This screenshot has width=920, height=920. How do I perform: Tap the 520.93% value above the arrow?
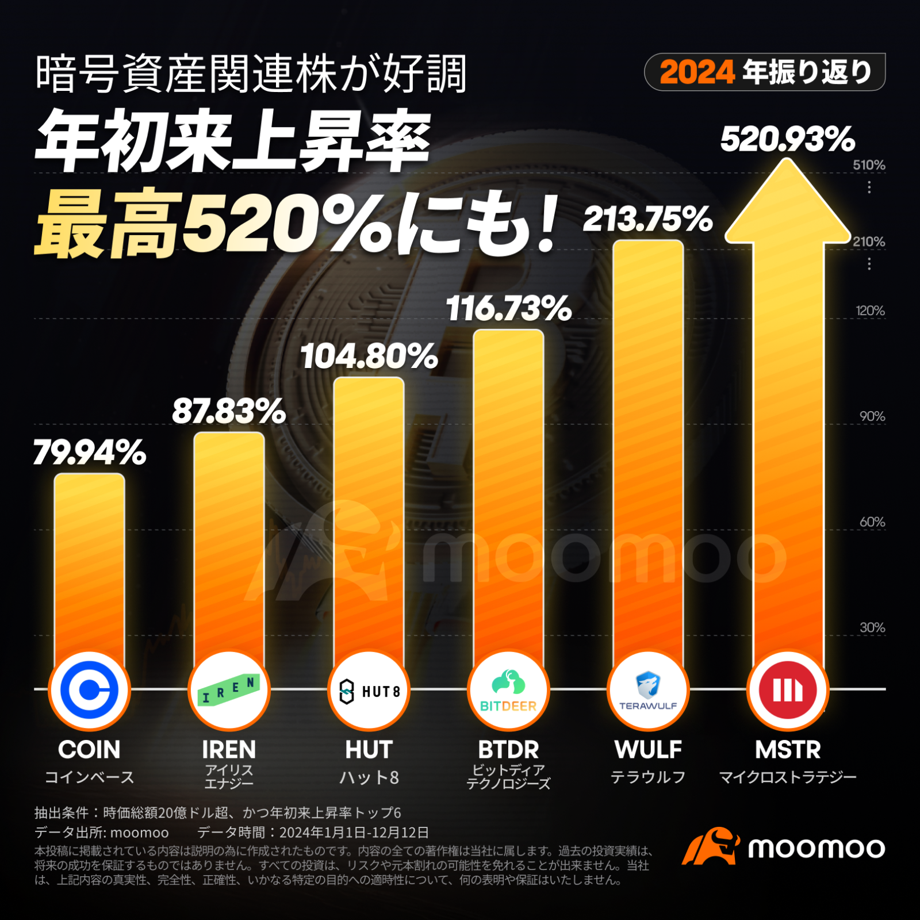click(788, 140)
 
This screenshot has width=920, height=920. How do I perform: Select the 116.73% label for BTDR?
click(509, 309)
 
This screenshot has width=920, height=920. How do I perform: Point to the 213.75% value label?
click(648, 220)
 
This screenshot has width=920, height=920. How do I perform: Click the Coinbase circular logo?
click(90, 690)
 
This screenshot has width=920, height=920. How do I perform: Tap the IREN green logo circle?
click(229, 690)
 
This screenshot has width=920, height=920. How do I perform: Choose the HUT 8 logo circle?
click(369, 690)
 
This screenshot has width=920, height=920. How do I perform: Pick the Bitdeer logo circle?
click(508, 690)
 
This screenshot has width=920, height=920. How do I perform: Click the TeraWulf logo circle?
click(648, 690)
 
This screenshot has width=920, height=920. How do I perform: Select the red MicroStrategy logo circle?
click(788, 690)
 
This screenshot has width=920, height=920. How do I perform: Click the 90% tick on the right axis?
click(872, 416)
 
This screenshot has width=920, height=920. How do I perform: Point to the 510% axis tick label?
click(869, 165)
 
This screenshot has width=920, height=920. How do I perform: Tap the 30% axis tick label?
click(872, 627)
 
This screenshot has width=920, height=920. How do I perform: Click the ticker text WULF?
click(648, 750)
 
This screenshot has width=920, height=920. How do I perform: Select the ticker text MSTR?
click(788, 750)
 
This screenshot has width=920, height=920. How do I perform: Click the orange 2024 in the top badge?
click(697, 72)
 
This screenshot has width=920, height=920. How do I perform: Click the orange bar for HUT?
click(369, 517)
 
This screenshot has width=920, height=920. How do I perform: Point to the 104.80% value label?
click(369, 356)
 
